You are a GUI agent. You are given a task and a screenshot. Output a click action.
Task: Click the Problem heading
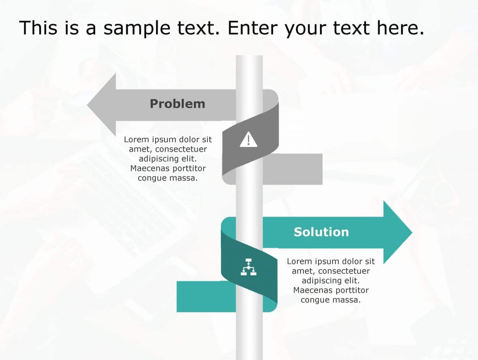pyautogui.click(x=177, y=104)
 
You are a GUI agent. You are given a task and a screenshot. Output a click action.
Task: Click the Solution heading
pyautogui.click(x=321, y=232)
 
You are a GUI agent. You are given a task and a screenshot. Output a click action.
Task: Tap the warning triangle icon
pyautogui.click(x=248, y=140)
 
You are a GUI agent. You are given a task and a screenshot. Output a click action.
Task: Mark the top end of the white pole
pyautogui.click(x=249, y=57)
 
